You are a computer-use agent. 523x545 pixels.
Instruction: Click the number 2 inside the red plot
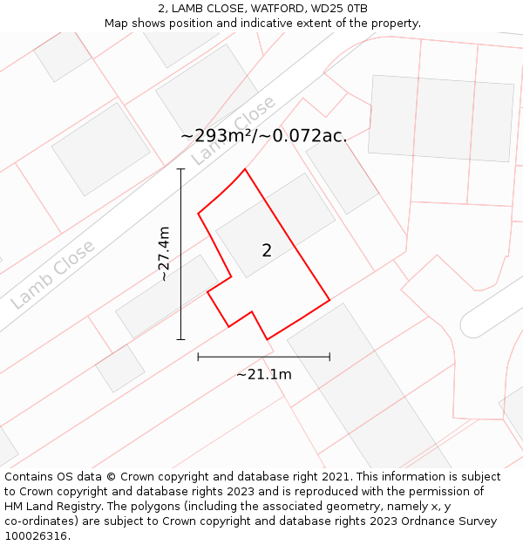click(267, 250)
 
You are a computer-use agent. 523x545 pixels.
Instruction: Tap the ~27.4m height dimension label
click(163, 254)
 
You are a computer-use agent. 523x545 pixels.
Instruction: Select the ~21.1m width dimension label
click(263, 375)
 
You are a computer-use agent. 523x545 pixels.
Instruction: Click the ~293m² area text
click(218, 136)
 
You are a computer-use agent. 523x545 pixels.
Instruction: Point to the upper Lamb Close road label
click(233, 130)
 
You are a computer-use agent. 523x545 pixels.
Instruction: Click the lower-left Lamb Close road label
click(52, 275)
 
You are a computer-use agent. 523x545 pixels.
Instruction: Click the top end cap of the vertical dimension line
click(180, 169)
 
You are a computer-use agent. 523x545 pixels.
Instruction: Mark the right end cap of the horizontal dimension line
click(329, 356)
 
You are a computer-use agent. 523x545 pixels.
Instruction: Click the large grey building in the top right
click(441, 118)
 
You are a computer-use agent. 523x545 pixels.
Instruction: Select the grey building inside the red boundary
click(275, 224)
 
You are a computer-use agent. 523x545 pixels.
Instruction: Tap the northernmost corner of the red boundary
click(245, 169)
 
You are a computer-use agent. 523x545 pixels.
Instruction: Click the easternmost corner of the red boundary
click(329, 301)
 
